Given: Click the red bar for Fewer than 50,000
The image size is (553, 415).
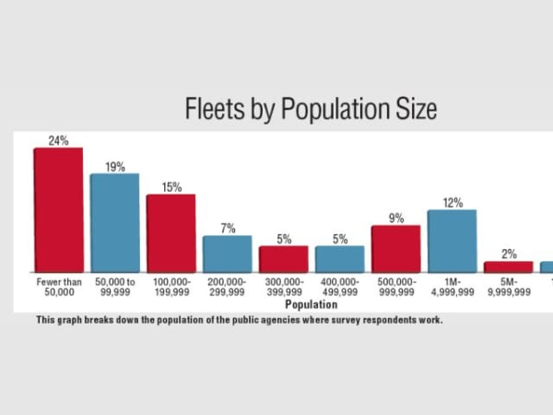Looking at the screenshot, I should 58,210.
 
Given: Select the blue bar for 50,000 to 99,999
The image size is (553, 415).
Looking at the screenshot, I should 114,222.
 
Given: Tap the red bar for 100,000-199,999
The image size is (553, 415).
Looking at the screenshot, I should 171,232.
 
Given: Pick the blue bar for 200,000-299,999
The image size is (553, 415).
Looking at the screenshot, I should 227,254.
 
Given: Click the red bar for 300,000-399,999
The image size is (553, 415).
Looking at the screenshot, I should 283,259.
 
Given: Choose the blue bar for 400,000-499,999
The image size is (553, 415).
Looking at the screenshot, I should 339,259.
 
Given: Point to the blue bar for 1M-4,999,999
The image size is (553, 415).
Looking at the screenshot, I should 452,241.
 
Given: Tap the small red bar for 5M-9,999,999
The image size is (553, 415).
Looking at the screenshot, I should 508,267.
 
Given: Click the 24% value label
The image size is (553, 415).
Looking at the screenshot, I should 58,141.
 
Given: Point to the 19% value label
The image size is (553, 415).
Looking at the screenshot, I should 114,167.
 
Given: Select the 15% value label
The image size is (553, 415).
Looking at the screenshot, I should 171,187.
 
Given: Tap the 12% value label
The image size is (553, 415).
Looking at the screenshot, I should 452,203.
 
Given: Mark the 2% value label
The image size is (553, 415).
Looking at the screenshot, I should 508,254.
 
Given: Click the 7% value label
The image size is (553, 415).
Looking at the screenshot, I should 227,229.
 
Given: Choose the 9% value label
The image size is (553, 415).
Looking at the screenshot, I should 395,219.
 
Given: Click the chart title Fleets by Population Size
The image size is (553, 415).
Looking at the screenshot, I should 311,110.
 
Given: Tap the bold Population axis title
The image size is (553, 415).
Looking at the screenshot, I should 311,303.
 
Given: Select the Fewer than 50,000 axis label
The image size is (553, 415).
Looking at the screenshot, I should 58,286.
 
